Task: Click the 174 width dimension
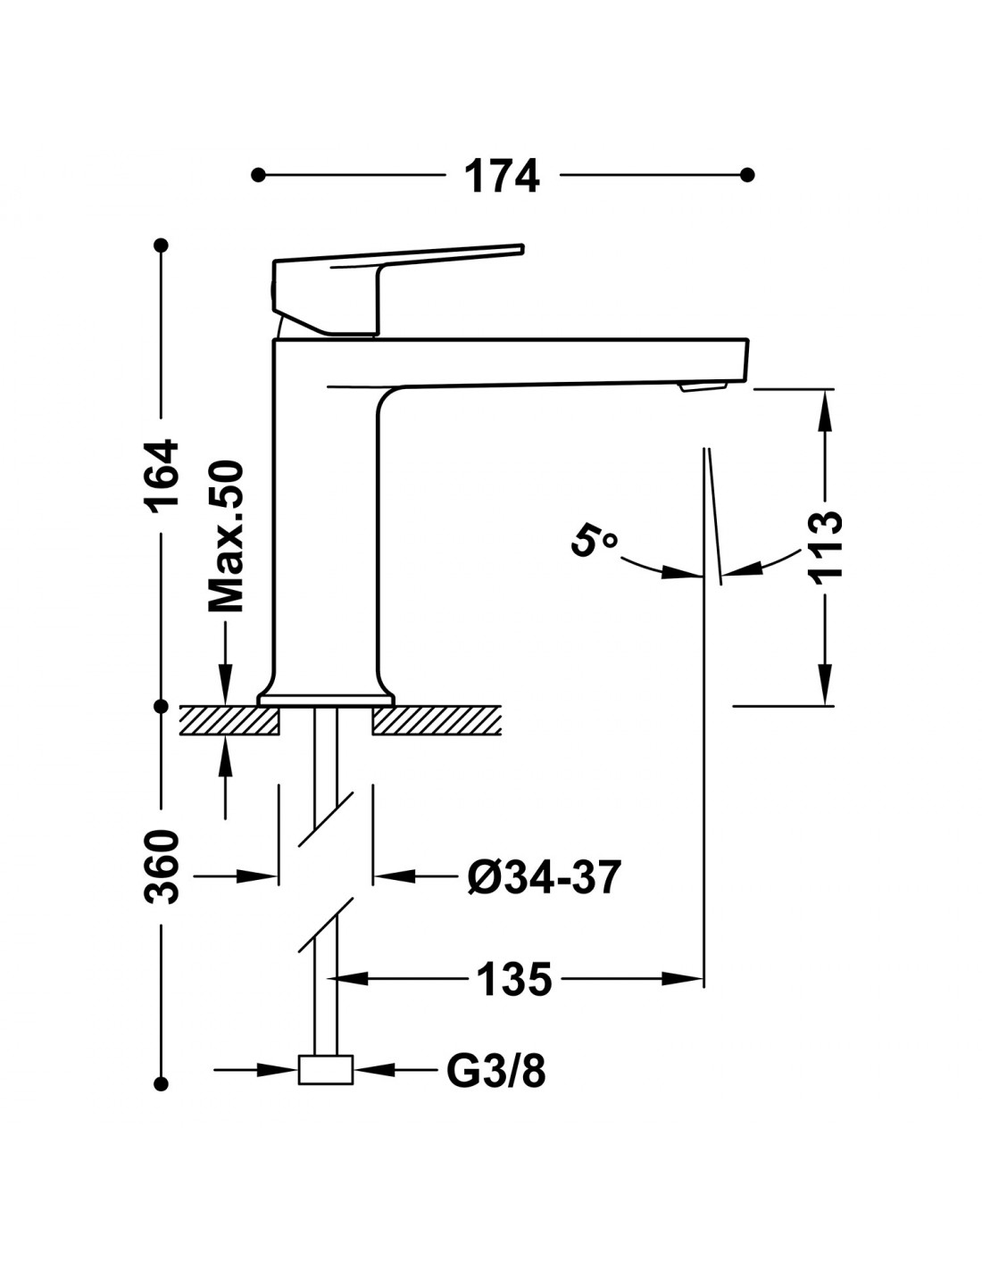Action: pyautogui.click(x=503, y=176)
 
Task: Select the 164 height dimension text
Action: pyautogui.click(x=163, y=474)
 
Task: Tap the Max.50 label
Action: pyautogui.click(x=225, y=536)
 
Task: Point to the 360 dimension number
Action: pyautogui.click(x=163, y=867)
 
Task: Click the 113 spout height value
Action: pyautogui.click(x=826, y=546)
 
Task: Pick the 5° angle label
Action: pyautogui.click(x=594, y=542)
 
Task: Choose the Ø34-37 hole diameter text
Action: pyautogui.click(x=543, y=878)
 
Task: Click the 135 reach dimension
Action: pyautogui.click(x=514, y=979)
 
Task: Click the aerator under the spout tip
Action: pyautogui.click(x=703, y=386)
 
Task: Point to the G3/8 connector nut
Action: pyautogui.click(x=325, y=1069)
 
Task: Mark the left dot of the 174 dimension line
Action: pyautogui.click(x=259, y=175)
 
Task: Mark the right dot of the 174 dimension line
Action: pyautogui.click(x=748, y=175)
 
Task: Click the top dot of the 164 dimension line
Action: pyautogui.click(x=162, y=245)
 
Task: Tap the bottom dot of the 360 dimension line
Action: pyautogui.click(x=162, y=1083)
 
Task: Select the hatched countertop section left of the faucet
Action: pyautogui.click(x=229, y=720)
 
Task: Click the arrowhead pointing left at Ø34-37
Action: pyautogui.click(x=391, y=878)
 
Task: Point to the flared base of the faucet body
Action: pyautogui.click(x=326, y=695)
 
